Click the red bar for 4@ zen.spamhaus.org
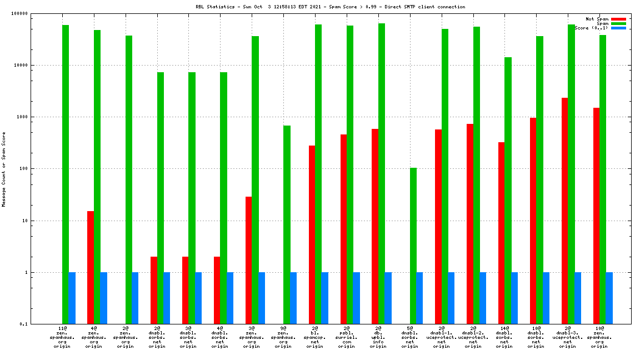91,267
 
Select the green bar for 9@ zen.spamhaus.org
287,224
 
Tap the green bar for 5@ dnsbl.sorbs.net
413,246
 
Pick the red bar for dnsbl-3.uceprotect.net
564,211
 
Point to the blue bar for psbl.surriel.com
356,298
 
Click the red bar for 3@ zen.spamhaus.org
248,260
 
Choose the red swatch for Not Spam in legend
618,19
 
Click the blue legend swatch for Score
618,28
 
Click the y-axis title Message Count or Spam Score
4,169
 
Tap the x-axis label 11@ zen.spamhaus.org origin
62,337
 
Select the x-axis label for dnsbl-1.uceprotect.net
442,337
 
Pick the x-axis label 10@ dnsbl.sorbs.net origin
536,337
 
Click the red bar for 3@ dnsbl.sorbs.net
185,290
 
